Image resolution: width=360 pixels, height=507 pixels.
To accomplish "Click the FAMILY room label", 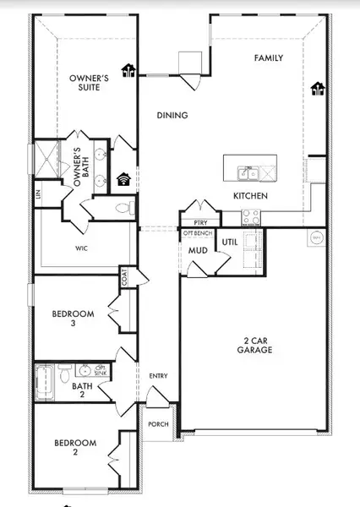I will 269,58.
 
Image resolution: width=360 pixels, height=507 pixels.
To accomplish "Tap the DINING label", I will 172,116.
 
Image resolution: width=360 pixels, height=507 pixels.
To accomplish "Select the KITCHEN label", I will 251,196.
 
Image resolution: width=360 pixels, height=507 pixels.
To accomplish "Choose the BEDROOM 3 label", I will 74,318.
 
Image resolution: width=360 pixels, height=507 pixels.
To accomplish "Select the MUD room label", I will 199,251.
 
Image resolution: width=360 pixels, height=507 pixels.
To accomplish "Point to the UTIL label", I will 229,243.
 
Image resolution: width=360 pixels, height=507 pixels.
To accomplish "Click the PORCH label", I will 158,425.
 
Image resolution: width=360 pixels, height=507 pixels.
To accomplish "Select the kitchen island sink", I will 244,174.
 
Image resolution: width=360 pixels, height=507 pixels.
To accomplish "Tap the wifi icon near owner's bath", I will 123,178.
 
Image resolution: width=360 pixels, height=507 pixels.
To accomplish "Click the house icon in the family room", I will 318,88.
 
